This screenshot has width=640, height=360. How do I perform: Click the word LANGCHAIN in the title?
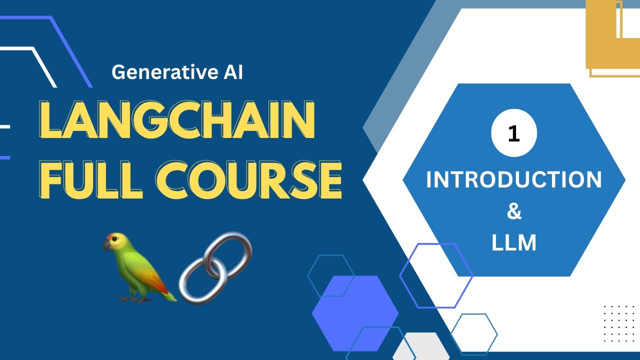click(x=176, y=121)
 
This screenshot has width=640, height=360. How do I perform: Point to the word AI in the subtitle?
click(x=230, y=73)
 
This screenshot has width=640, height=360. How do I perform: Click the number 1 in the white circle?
click(x=513, y=133)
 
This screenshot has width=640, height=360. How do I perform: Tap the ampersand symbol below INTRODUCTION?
click(x=513, y=211)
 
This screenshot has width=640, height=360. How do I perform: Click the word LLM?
click(x=513, y=243)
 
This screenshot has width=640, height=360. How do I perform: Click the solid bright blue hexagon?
click(x=355, y=313)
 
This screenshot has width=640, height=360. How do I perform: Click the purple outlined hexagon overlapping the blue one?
click(x=436, y=275)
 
